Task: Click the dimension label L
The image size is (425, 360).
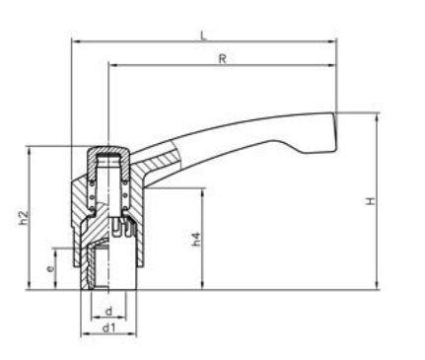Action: click(x=204, y=36)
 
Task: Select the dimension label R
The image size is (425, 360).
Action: click(x=223, y=59)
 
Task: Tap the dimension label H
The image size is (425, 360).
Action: click(x=371, y=201)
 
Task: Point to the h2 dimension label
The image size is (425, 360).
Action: click(x=24, y=218)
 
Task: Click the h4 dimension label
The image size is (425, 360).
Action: click(x=196, y=239)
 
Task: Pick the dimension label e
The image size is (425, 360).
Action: click(x=50, y=268)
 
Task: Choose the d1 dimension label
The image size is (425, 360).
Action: click(x=108, y=327)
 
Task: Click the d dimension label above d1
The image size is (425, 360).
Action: click(x=108, y=311)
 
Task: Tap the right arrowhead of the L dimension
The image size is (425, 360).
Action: click(x=332, y=41)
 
